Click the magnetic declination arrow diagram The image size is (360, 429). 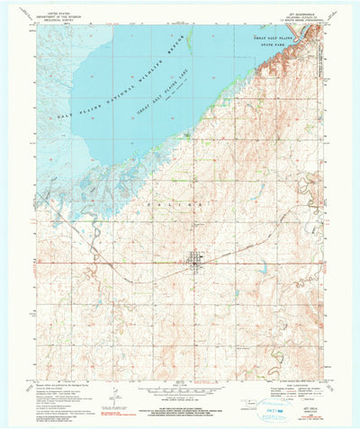click(x=108, y=389)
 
